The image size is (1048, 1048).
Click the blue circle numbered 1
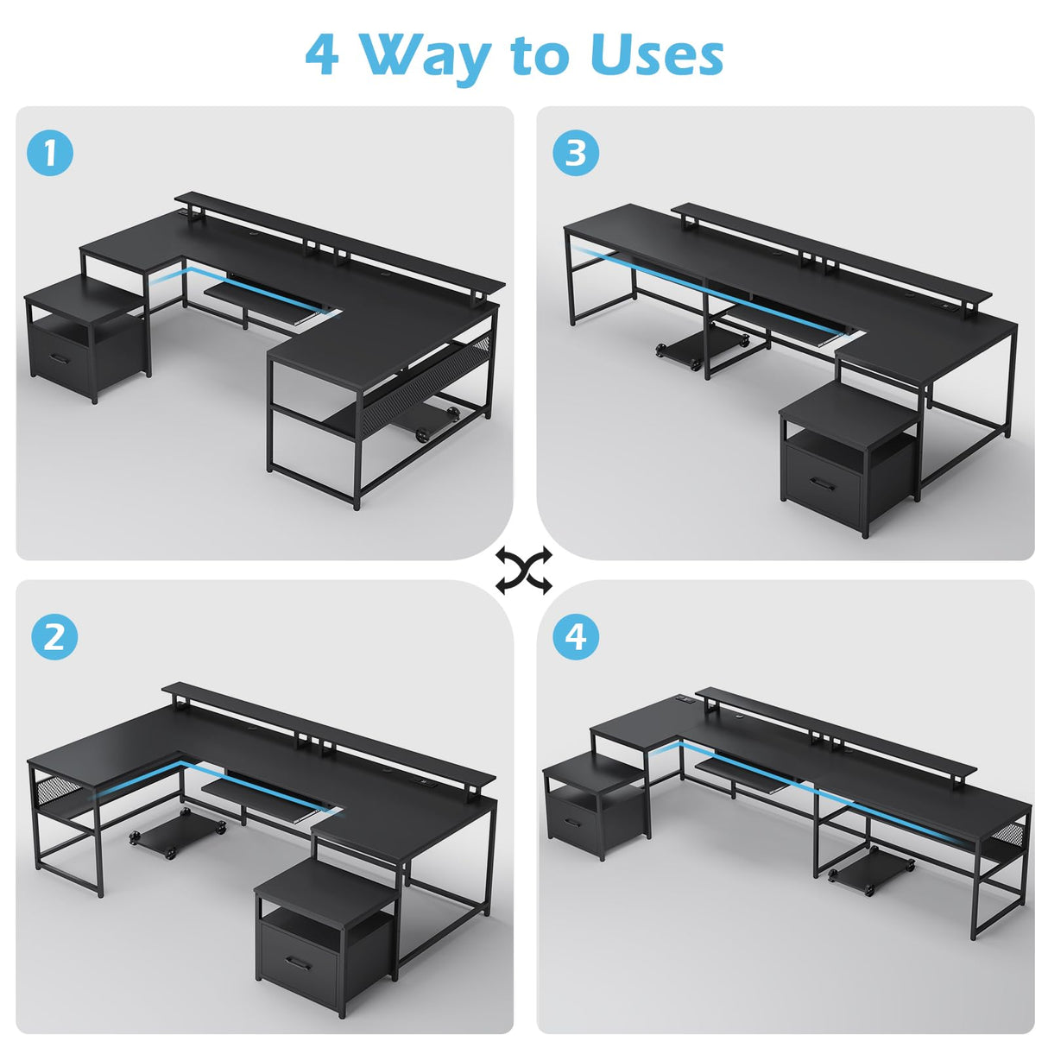pyautogui.click(x=50, y=153)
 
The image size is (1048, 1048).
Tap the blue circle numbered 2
pyautogui.click(x=54, y=637)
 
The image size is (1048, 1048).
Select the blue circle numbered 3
pyautogui.click(x=576, y=153)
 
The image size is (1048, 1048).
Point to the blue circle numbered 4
pyautogui.click(x=576, y=637)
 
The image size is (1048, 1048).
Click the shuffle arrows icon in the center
pyautogui.click(x=523, y=571)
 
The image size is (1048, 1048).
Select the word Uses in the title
pyautogui.click(x=656, y=56)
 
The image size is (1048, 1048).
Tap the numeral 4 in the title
pyautogui.click(x=322, y=56)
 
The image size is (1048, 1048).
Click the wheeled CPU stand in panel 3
pyautogui.click(x=698, y=348)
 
